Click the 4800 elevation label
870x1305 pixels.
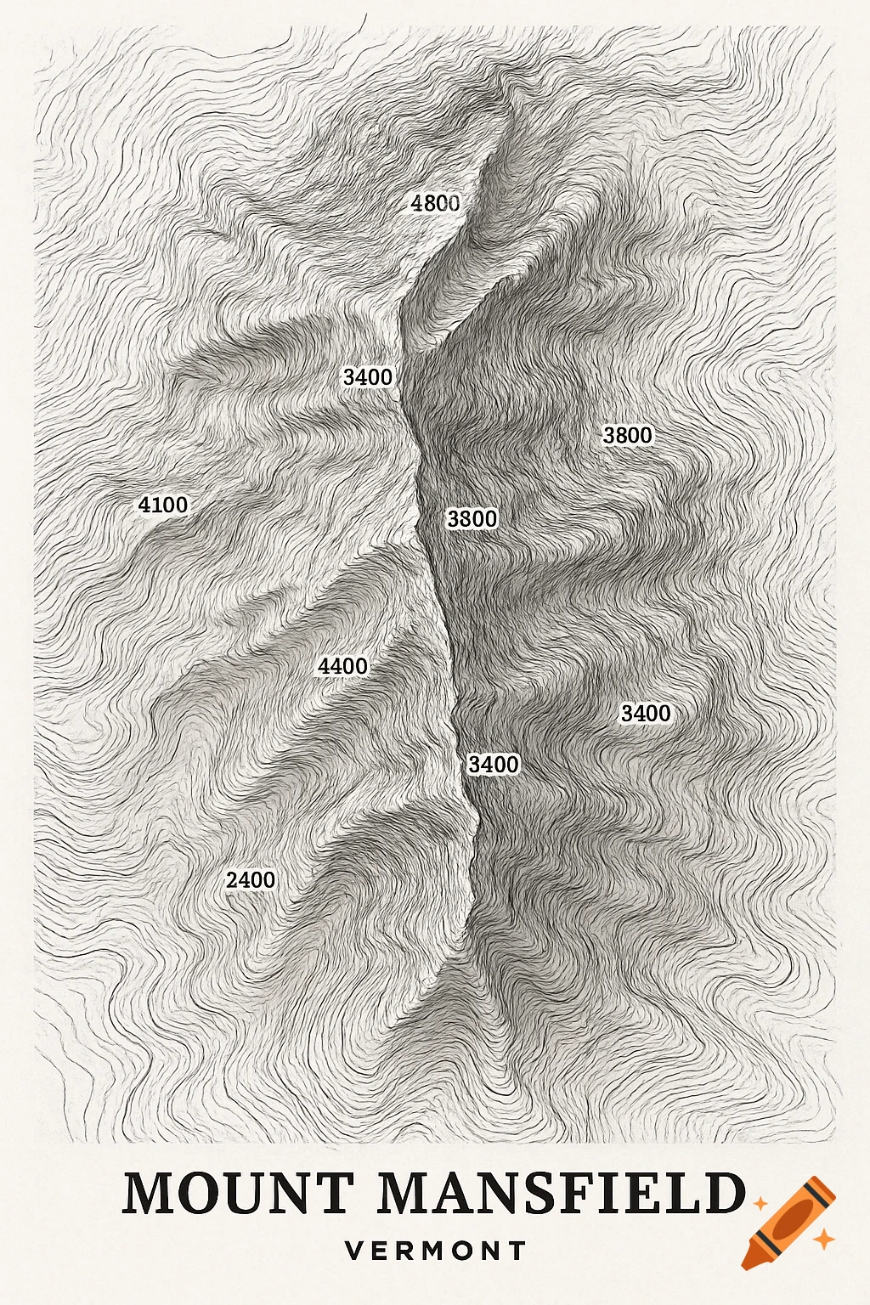435,203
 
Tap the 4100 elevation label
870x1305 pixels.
163,505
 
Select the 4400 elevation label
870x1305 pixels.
342,666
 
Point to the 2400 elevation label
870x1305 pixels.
251,880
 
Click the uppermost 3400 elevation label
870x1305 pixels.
368,376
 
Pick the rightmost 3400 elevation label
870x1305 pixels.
646,713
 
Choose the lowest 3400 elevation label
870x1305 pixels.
494,765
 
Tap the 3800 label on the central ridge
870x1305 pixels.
472,518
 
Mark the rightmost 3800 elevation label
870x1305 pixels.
628,435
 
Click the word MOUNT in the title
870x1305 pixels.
239,1193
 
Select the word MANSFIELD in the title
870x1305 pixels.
561,1193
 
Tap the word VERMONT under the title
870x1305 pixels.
436,1251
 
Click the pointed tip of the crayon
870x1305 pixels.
746,1266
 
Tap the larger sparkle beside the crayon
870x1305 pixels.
822,1240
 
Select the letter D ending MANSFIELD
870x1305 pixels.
724,1193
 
